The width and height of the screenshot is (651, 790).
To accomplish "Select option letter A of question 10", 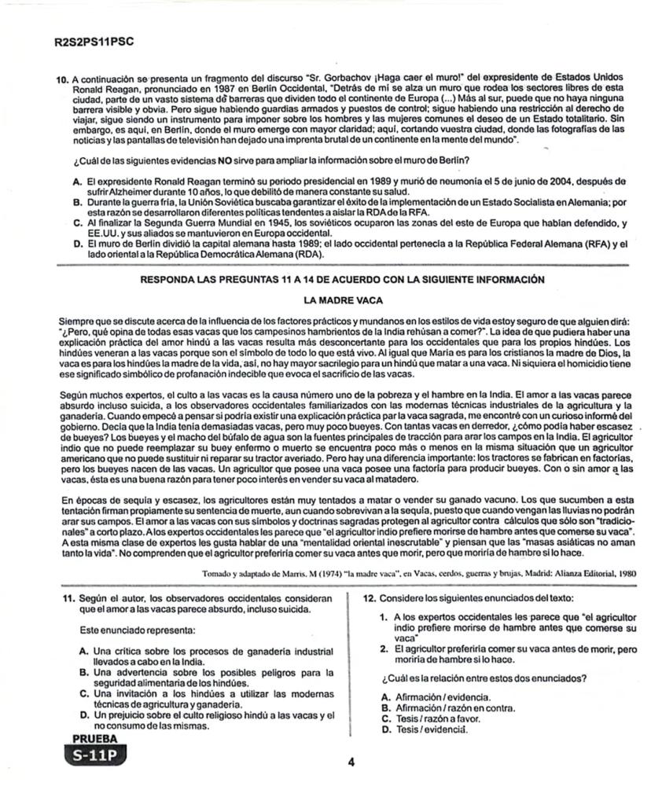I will point(77,180).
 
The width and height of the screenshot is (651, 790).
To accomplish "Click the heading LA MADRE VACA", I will point(344,299).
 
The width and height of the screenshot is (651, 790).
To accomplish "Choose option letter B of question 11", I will point(84,672).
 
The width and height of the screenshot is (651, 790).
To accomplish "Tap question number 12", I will point(371,598).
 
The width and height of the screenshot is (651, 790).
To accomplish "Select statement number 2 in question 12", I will point(383,649).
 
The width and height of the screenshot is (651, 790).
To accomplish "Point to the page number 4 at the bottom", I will point(351,762).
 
